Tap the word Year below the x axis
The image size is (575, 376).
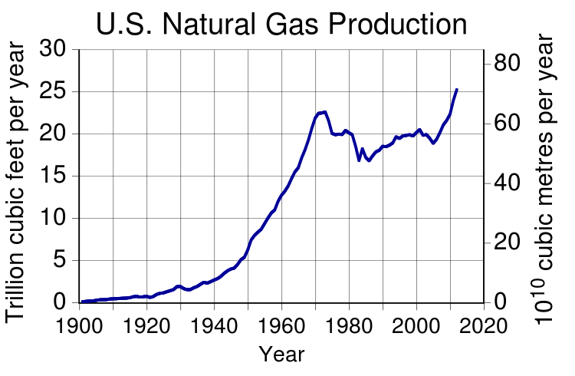(281, 355)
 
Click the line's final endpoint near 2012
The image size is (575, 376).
(457, 90)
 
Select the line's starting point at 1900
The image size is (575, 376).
(80, 302)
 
